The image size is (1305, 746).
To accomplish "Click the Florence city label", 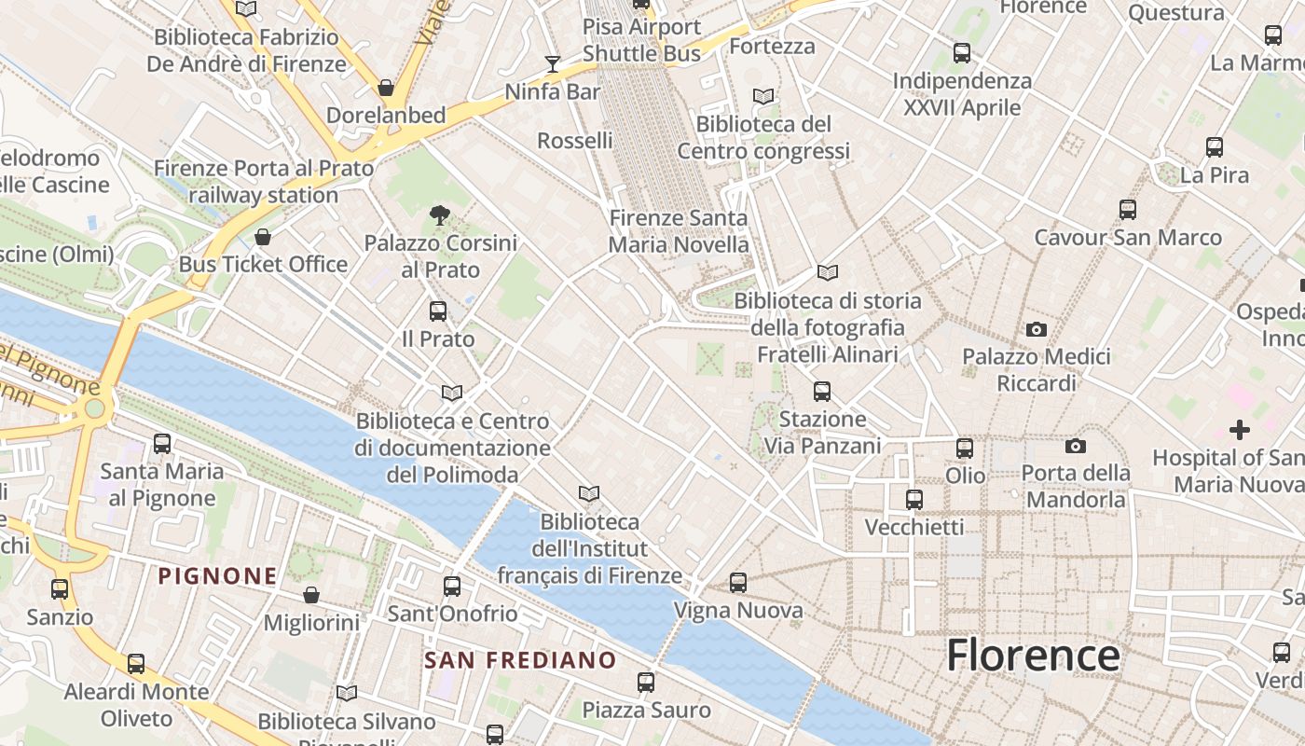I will [x=1033, y=656].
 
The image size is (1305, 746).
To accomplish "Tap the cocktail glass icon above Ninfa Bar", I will [x=553, y=63].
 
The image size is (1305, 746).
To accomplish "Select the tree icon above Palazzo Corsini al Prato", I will [x=440, y=215].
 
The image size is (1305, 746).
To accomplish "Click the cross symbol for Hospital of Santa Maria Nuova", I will [x=1239, y=430].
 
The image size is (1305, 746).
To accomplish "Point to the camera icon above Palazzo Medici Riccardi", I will [x=1036, y=329].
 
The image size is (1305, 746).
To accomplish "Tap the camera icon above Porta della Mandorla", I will [x=1075, y=446].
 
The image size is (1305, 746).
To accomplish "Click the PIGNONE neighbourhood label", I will [x=217, y=576].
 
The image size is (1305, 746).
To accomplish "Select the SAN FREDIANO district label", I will [x=520, y=660].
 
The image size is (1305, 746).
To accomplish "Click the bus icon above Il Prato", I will [x=438, y=311].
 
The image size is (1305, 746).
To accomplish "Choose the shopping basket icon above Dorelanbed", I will [x=386, y=88].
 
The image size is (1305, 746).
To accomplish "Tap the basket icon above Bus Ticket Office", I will [x=263, y=237].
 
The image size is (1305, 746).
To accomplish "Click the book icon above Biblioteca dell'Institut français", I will [x=588, y=493].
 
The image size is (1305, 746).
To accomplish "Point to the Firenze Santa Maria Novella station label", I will [x=679, y=231].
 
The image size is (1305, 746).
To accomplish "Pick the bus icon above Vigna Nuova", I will [x=738, y=583].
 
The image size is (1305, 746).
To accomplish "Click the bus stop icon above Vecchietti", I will [x=914, y=500].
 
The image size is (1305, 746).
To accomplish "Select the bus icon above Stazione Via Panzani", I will [x=821, y=392].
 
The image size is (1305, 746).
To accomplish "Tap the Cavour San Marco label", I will [x=1127, y=238].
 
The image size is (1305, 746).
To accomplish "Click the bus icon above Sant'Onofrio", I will [x=452, y=587].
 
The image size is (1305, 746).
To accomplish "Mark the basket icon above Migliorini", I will [x=311, y=595].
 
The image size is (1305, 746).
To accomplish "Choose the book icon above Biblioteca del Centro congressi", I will [x=763, y=96].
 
